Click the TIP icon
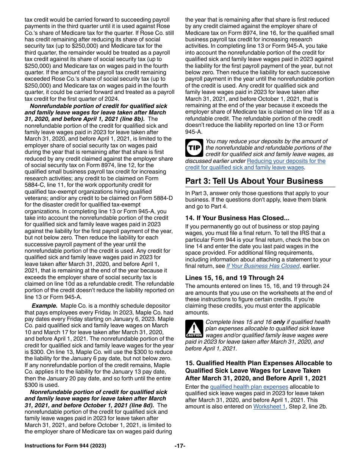194,148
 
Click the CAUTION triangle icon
194,328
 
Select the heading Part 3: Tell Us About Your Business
254,181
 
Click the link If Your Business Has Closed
263,266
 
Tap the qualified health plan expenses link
249,387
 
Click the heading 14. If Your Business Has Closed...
237,218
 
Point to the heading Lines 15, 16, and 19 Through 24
234,278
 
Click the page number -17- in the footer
180,446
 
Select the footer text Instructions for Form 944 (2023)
65,446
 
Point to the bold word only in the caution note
279,322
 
